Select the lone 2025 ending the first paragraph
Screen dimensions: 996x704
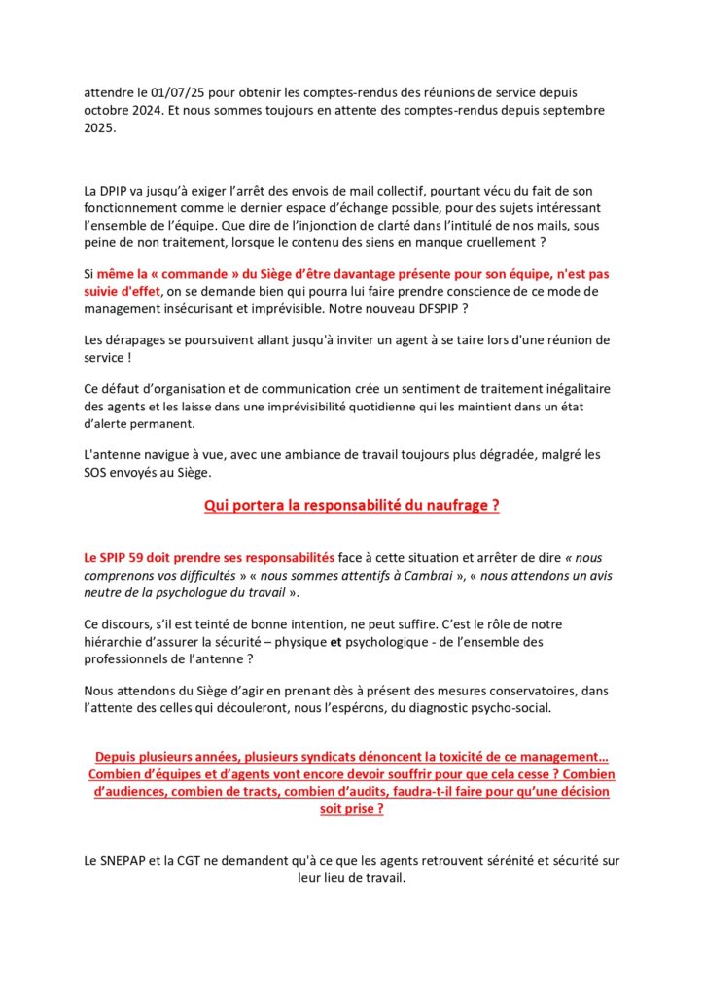pyautogui.click(x=101, y=127)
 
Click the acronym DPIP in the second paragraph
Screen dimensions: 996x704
pyautogui.click(x=121, y=190)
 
